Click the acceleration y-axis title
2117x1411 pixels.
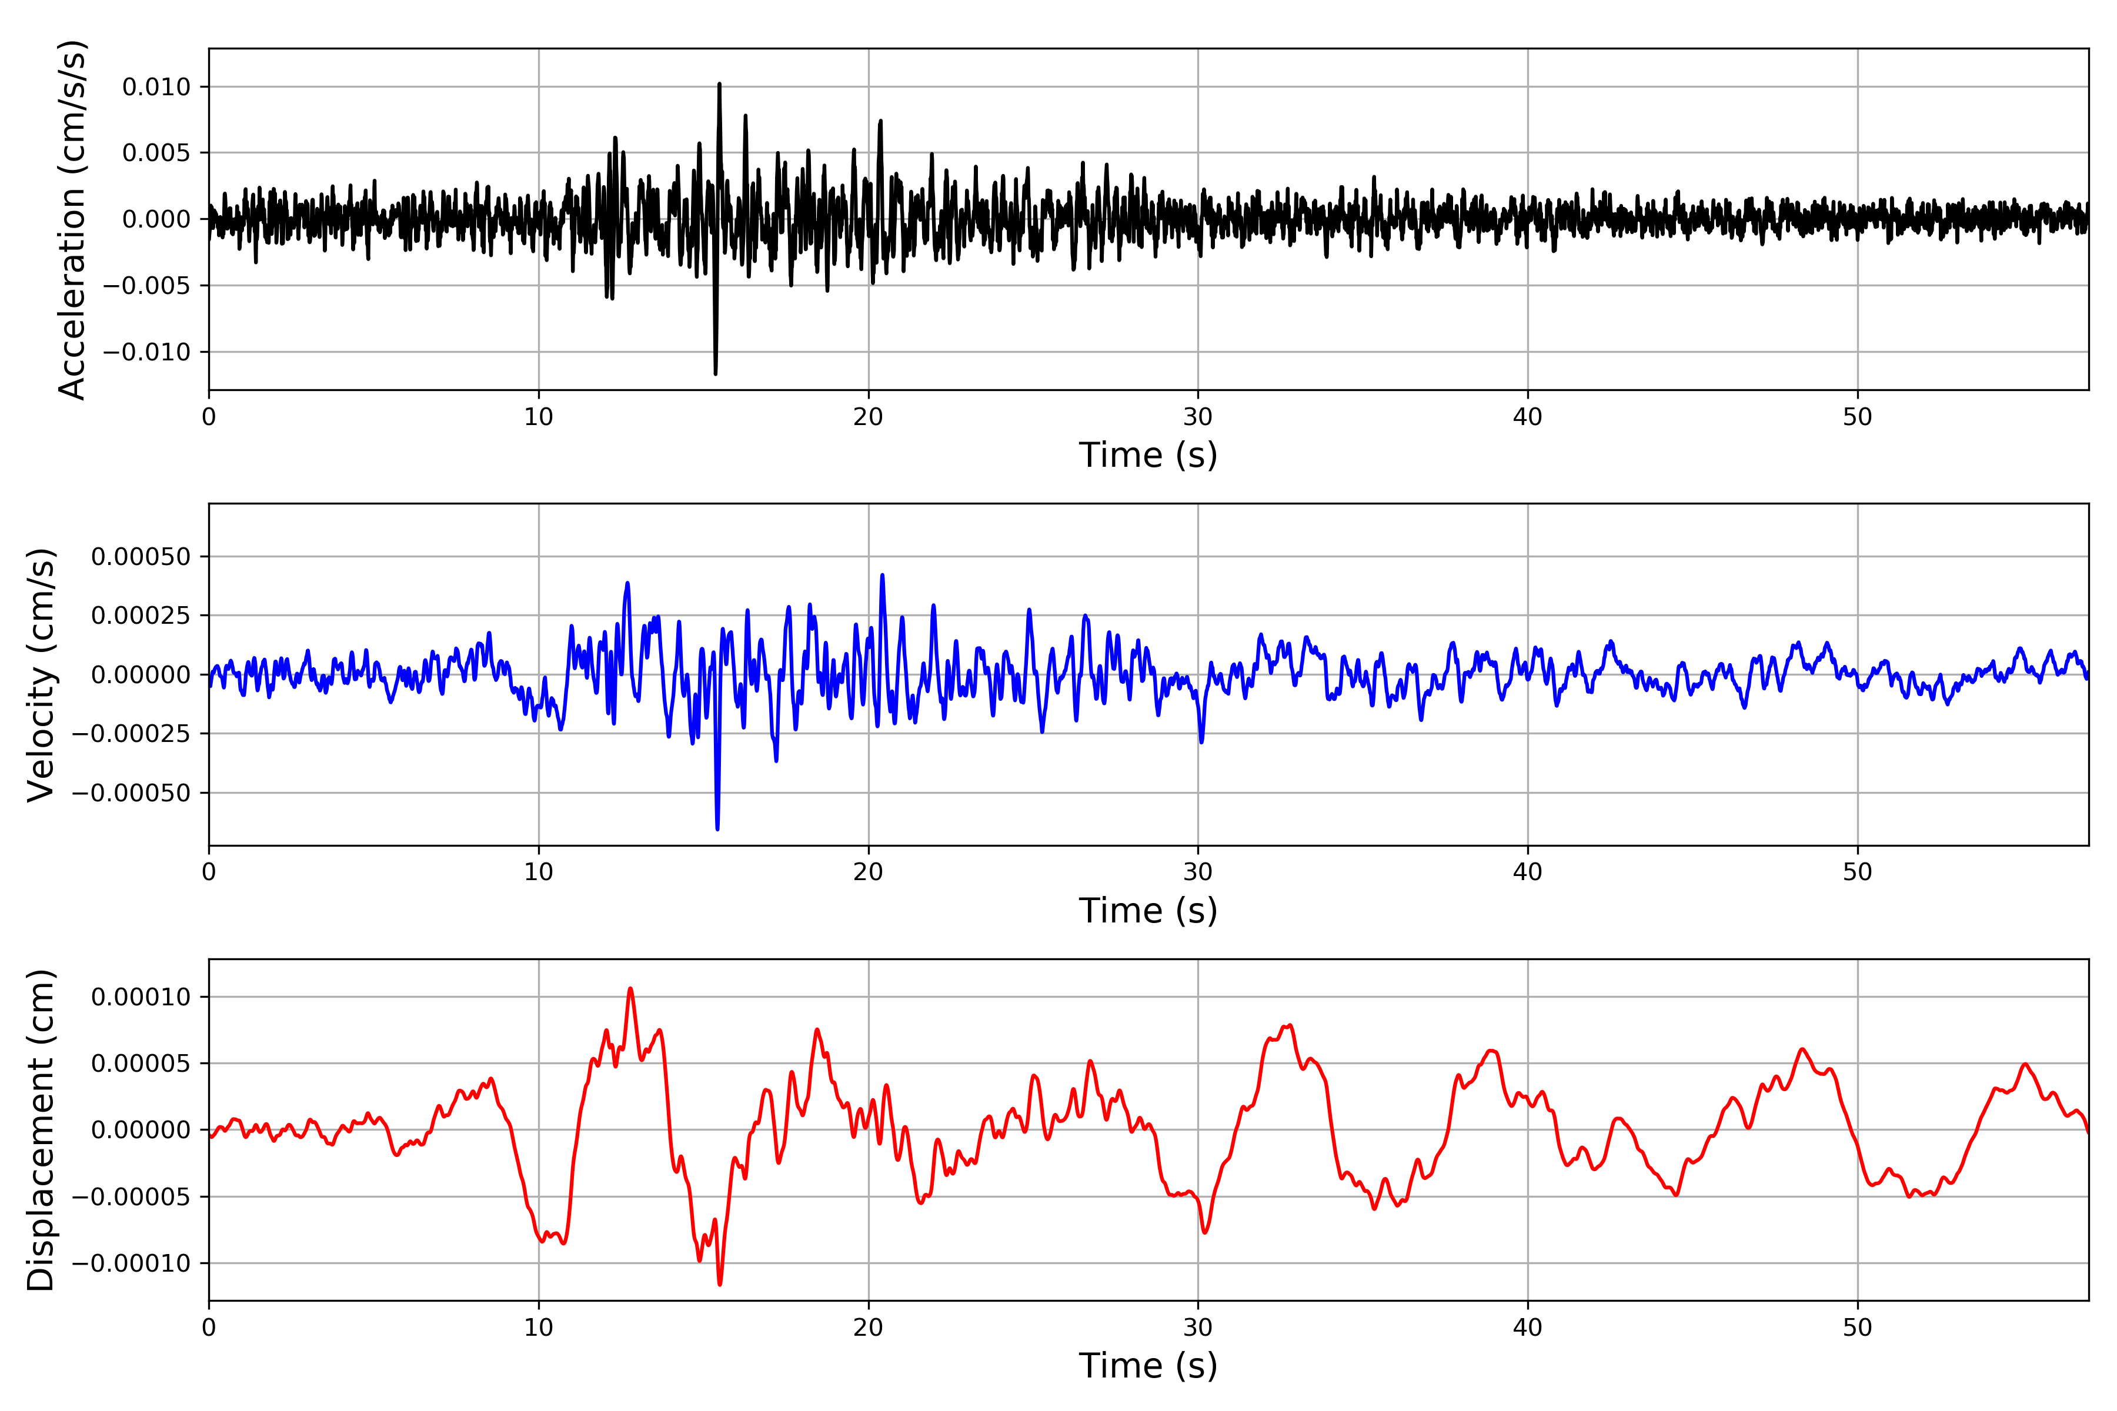pyautogui.click(x=72, y=219)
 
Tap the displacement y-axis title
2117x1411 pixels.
pyautogui.click(x=41, y=1129)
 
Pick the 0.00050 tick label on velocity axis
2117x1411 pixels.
pyautogui.click(x=141, y=557)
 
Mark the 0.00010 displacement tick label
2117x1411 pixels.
pyautogui.click(x=141, y=997)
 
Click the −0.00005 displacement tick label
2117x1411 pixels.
pyautogui.click(x=131, y=1197)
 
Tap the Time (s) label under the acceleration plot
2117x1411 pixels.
pyautogui.click(x=1148, y=455)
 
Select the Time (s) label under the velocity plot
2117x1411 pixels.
pyautogui.click(x=1148, y=911)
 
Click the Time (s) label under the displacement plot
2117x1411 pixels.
pyautogui.click(x=1148, y=1366)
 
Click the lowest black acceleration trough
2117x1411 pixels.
pyautogui.click(x=716, y=373)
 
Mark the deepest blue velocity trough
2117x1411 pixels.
pyautogui.click(x=717, y=828)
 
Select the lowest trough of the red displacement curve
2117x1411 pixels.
pyautogui.click(x=720, y=1283)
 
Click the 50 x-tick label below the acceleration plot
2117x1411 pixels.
pyautogui.click(x=1857, y=417)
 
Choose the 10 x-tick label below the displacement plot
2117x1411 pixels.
pyautogui.click(x=538, y=1328)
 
